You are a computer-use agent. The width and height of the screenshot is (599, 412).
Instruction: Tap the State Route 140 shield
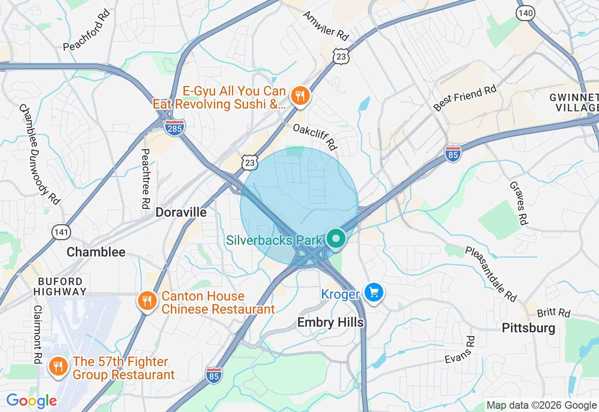526,13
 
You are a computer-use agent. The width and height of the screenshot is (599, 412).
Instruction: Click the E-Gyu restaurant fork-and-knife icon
299,96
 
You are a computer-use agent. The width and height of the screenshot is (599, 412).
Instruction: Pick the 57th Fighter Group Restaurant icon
58,367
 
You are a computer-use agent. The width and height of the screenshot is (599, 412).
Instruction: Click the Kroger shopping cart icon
373,293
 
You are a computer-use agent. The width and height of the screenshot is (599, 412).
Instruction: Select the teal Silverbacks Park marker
336,239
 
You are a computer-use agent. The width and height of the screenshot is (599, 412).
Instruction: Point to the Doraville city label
181,212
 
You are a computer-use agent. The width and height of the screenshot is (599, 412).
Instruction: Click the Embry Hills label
330,323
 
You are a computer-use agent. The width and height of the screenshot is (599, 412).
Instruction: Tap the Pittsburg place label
528,328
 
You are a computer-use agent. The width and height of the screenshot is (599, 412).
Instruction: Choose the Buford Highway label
60,286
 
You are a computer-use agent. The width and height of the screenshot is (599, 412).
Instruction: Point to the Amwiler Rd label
326,25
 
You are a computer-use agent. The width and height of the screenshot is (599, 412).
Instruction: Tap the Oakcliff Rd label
315,137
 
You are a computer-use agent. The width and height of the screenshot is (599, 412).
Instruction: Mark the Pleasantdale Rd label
491,273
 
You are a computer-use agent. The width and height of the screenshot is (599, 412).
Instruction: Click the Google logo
31,401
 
